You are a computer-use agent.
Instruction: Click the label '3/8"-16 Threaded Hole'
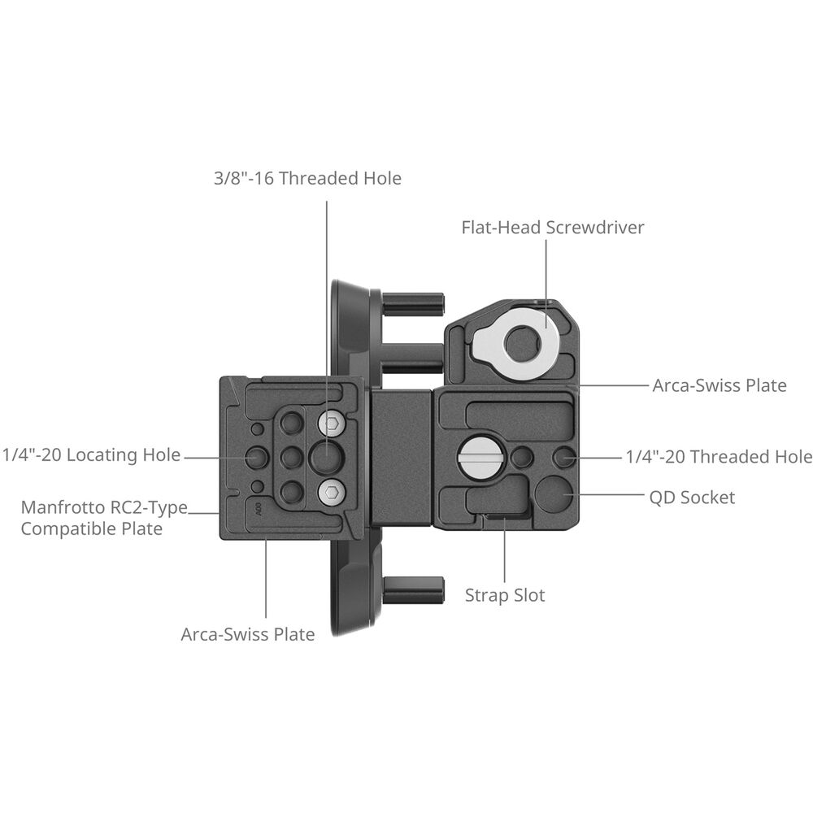click(x=307, y=178)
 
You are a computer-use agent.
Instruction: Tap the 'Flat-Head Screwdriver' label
click(x=553, y=228)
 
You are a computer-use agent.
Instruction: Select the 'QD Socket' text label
click(x=693, y=498)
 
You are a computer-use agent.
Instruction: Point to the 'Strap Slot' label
click(x=505, y=595)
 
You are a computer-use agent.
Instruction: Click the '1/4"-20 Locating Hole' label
click(x=91, y=455)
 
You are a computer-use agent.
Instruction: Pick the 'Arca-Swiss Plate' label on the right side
click(x=720, y=385)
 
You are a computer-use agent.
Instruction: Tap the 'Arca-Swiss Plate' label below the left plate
click(x=248, y=634)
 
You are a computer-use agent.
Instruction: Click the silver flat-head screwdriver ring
click(x=517, y=345)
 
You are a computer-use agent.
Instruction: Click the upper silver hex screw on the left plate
click(x=330, y=422)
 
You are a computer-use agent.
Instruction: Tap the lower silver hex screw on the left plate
click(x=330, y=492)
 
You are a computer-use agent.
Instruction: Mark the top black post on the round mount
click(x=413, y=305)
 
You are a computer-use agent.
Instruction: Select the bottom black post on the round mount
click(x=413, y=589)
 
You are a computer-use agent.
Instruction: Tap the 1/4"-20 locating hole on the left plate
click(x=257, y=457)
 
